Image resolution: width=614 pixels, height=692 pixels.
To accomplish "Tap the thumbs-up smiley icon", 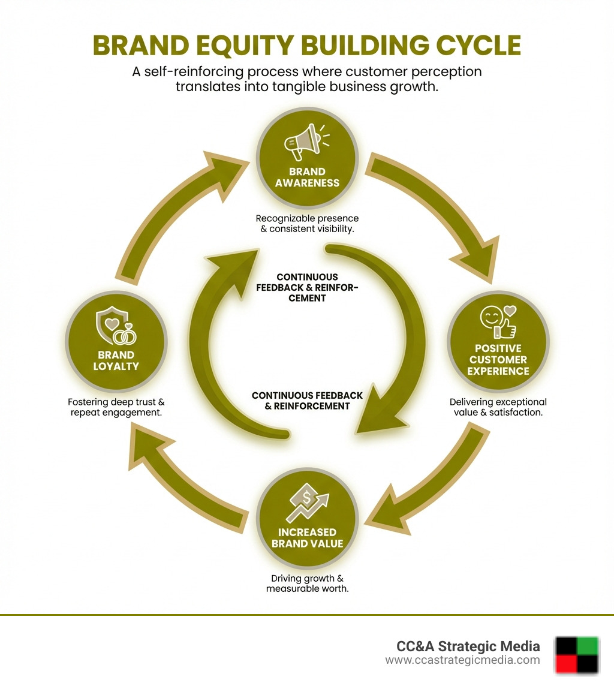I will (x=498, y=322).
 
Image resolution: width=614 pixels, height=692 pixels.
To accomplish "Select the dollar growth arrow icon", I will (x=307, y=503).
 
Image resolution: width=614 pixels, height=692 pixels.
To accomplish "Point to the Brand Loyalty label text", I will (x=116, y=360).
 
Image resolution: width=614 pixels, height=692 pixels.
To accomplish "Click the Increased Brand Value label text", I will (x=307, y=538).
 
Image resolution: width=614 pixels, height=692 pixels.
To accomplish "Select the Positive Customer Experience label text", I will (x=499, y=360).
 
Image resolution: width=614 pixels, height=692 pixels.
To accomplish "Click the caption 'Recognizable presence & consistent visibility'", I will (x=307, y=224).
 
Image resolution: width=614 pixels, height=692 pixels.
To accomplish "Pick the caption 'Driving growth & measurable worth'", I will (x=307, y=583).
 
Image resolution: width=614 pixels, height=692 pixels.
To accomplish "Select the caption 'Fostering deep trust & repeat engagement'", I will (x=116, y=407).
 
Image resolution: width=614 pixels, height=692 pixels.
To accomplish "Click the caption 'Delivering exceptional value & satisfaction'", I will (x=498, y=407).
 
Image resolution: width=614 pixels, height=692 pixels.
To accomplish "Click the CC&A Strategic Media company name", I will (x=468, y=646).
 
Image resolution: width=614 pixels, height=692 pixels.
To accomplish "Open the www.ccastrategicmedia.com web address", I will (x=462, y=660).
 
